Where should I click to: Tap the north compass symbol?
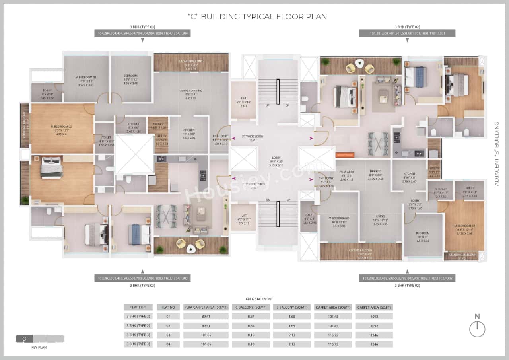(477, 329)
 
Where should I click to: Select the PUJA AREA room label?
(347, 171)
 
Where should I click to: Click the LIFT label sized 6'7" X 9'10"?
(243, 98)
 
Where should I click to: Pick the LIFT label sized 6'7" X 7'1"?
(243, 216)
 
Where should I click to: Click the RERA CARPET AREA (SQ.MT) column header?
(206, 307)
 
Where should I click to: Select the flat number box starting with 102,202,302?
(407, 278)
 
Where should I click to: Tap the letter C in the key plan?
(24, 339)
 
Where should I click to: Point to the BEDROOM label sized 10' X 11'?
(423, 233)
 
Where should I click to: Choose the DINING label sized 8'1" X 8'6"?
(375, 171)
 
